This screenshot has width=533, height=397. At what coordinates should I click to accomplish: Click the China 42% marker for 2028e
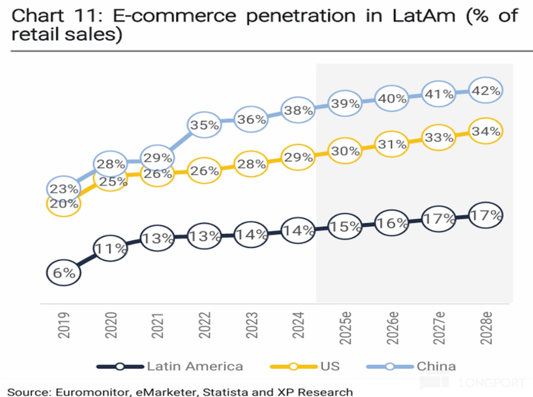485,90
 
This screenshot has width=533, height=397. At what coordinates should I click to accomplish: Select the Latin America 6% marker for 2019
64,273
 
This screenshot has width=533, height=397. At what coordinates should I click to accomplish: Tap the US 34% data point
485,131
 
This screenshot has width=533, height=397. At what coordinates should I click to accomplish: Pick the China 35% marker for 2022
205,125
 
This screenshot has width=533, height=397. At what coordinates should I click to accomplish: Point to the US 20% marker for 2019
64,204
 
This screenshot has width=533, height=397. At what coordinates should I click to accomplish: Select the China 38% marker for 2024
298,110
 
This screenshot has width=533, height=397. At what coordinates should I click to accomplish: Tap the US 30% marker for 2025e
345,151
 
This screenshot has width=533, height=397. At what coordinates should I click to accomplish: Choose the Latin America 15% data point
345,227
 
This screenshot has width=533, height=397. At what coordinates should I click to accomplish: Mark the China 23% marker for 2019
64,189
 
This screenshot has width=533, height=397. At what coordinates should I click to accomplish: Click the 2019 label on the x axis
64,325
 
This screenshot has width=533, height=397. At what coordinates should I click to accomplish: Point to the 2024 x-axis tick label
298,325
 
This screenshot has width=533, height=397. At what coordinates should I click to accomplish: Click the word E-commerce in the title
174,16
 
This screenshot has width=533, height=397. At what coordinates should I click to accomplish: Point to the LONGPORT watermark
495,382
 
